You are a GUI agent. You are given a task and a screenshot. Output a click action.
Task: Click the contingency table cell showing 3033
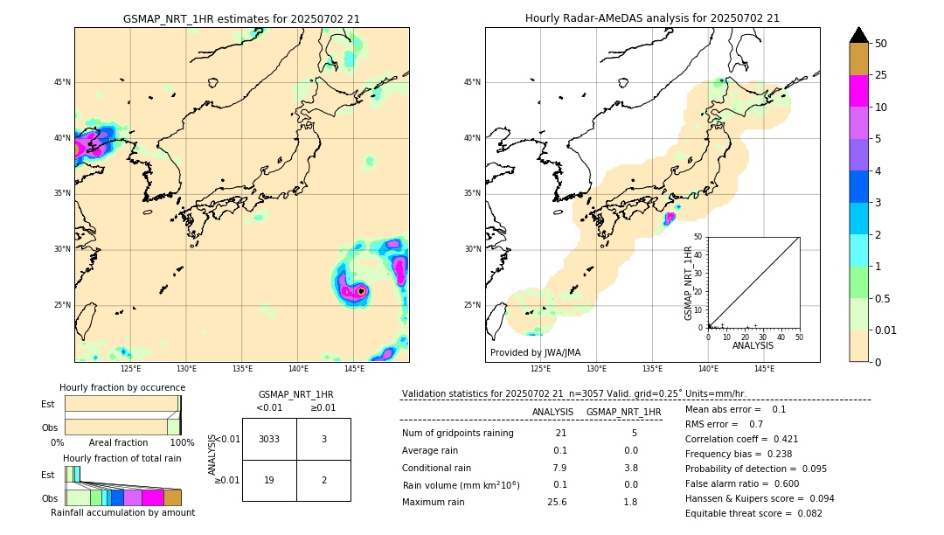[269, 439]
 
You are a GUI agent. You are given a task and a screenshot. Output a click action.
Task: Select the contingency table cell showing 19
[269, 480]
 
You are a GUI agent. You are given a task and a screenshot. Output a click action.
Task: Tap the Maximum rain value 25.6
[559, 502]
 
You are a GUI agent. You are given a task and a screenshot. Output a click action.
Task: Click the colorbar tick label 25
[881, 75]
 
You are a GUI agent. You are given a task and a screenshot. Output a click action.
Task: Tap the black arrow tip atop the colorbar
[859, 34]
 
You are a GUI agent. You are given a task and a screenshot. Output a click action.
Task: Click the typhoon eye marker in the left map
[361, 291]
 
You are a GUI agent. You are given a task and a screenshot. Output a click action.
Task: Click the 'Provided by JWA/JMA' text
[535, 353]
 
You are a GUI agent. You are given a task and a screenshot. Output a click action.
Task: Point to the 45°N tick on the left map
[62, 82]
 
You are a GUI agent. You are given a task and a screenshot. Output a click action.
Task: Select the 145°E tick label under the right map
[764, 369]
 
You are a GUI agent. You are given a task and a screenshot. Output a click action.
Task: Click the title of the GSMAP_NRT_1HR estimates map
[241, 18]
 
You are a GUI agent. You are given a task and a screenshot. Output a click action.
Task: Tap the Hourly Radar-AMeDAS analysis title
[652, 18]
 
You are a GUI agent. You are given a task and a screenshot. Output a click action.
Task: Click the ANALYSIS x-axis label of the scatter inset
[753, 345]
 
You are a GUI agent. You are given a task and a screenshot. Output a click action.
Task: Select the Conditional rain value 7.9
[559, 468]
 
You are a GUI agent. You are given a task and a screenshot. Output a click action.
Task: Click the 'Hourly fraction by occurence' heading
[122, 387]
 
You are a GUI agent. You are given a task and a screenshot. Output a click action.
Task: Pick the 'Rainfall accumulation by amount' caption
[122, 512]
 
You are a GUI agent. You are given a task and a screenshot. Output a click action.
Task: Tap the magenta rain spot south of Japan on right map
[670, 218]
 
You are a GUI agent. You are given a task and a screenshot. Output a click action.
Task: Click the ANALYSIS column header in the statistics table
[552, 412]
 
